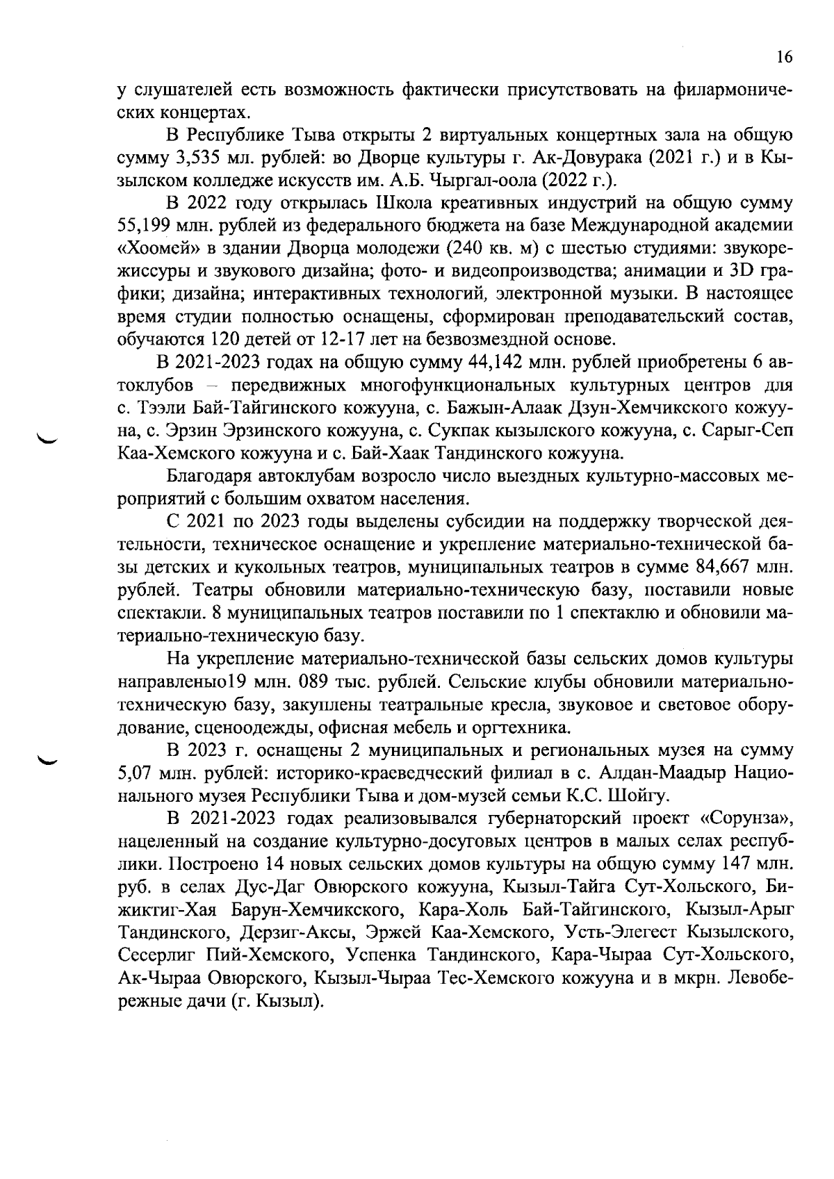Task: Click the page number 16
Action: coord(783,58)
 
